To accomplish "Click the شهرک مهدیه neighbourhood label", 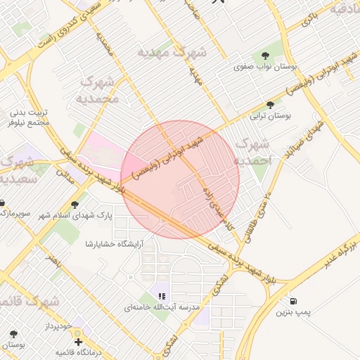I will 172,52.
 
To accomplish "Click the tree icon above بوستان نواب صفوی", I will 265,55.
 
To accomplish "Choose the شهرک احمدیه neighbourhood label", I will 253,152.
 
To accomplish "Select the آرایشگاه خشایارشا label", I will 114,244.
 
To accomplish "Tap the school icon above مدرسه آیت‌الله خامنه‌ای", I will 161,296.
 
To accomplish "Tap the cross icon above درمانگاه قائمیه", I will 78,342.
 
